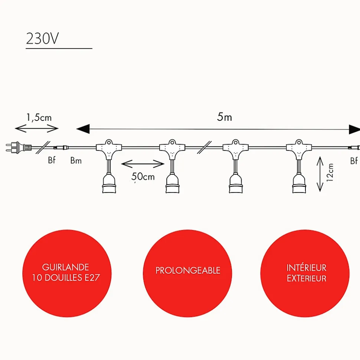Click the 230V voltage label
click(42, 39)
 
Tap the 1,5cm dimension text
click(39, 118)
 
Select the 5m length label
click(225, 117)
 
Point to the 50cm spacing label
click(143, 176)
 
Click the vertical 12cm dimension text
click(330, 172)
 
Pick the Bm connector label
click(76, 161)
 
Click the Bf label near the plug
click(52, 161)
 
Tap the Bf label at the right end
click(354, 161)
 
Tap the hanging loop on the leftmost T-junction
click(109, 142)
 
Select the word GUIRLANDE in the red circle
click(65, 267)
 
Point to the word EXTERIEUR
click(306, 278)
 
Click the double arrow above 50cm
click(143, 164)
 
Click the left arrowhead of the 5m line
click(83, 129)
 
